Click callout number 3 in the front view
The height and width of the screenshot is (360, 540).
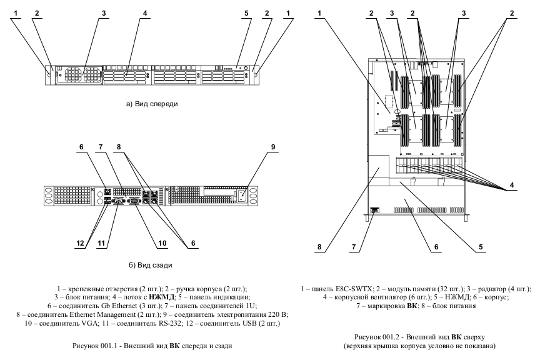pyautogui.click(x=104, y=12)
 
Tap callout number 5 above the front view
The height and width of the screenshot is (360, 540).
pyautogui.click(x=246, y=12)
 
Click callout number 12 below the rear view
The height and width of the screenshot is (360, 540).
pyautogui.click(x=81, y=242)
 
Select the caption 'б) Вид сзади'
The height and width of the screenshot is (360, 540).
pyautogui.click(x=151, y=264)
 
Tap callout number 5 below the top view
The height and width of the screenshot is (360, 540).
pyautogui.click(x=481, y=248)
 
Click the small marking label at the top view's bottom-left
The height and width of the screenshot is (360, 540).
pyautogui.click(x=375, y=210)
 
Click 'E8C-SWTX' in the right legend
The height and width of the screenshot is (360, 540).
pyautogui.click(x=355, y=289)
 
